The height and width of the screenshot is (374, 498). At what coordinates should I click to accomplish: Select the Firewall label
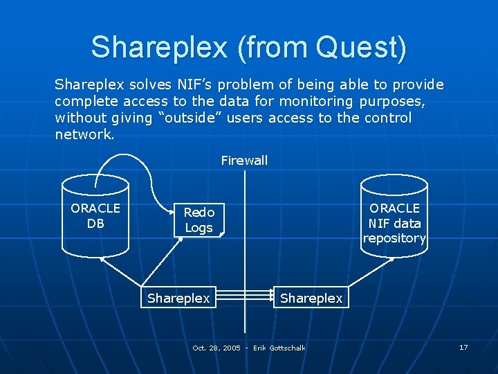point(244,161)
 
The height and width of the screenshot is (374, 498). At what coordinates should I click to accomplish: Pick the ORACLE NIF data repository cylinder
point(394,218)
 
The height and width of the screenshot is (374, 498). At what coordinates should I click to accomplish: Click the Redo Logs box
point(199,220)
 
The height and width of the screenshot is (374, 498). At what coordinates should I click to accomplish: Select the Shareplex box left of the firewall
point(178,298)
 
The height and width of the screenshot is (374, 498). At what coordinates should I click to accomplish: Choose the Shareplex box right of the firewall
point(311,298)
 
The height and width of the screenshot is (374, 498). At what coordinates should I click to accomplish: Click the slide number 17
point(463,347)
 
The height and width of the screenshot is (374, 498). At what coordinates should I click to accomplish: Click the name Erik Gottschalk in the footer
point(279,348)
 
